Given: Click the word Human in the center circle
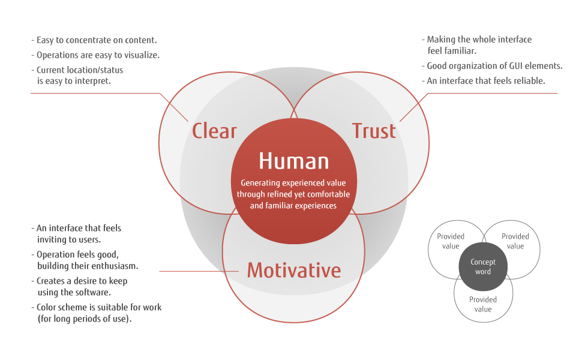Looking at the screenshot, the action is [x=294, y=161].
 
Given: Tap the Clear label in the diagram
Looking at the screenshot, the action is [x=214, y=131].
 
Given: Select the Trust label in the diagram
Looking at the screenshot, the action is [x=374, y=131].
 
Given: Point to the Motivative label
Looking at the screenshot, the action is [x=294, y=270].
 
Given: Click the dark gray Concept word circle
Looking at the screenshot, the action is [x=483, y=266].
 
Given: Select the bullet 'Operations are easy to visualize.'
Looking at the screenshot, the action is [x=95, y=55].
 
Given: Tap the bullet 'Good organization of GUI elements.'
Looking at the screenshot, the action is [x=493, y=66].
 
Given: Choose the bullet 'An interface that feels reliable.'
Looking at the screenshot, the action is [x=484, y=81].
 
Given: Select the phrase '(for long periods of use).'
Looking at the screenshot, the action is [x=85, y=319].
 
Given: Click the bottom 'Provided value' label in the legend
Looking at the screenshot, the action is [x=483, y=304].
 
